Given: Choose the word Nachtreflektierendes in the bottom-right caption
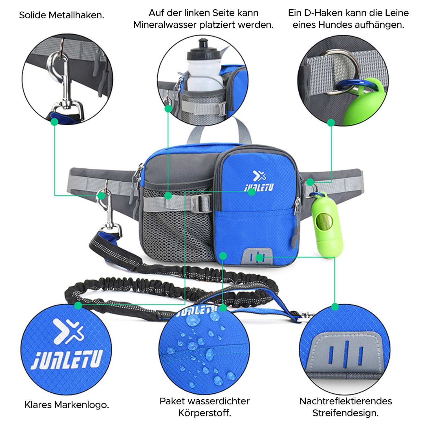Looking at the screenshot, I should coord(345,401).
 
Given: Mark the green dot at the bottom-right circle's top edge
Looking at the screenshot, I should coord(335,307).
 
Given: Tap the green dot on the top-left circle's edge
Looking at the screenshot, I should coord(54,122).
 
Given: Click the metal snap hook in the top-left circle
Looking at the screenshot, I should coord(61,76).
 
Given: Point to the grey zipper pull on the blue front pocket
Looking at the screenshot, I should coord(294,236).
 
